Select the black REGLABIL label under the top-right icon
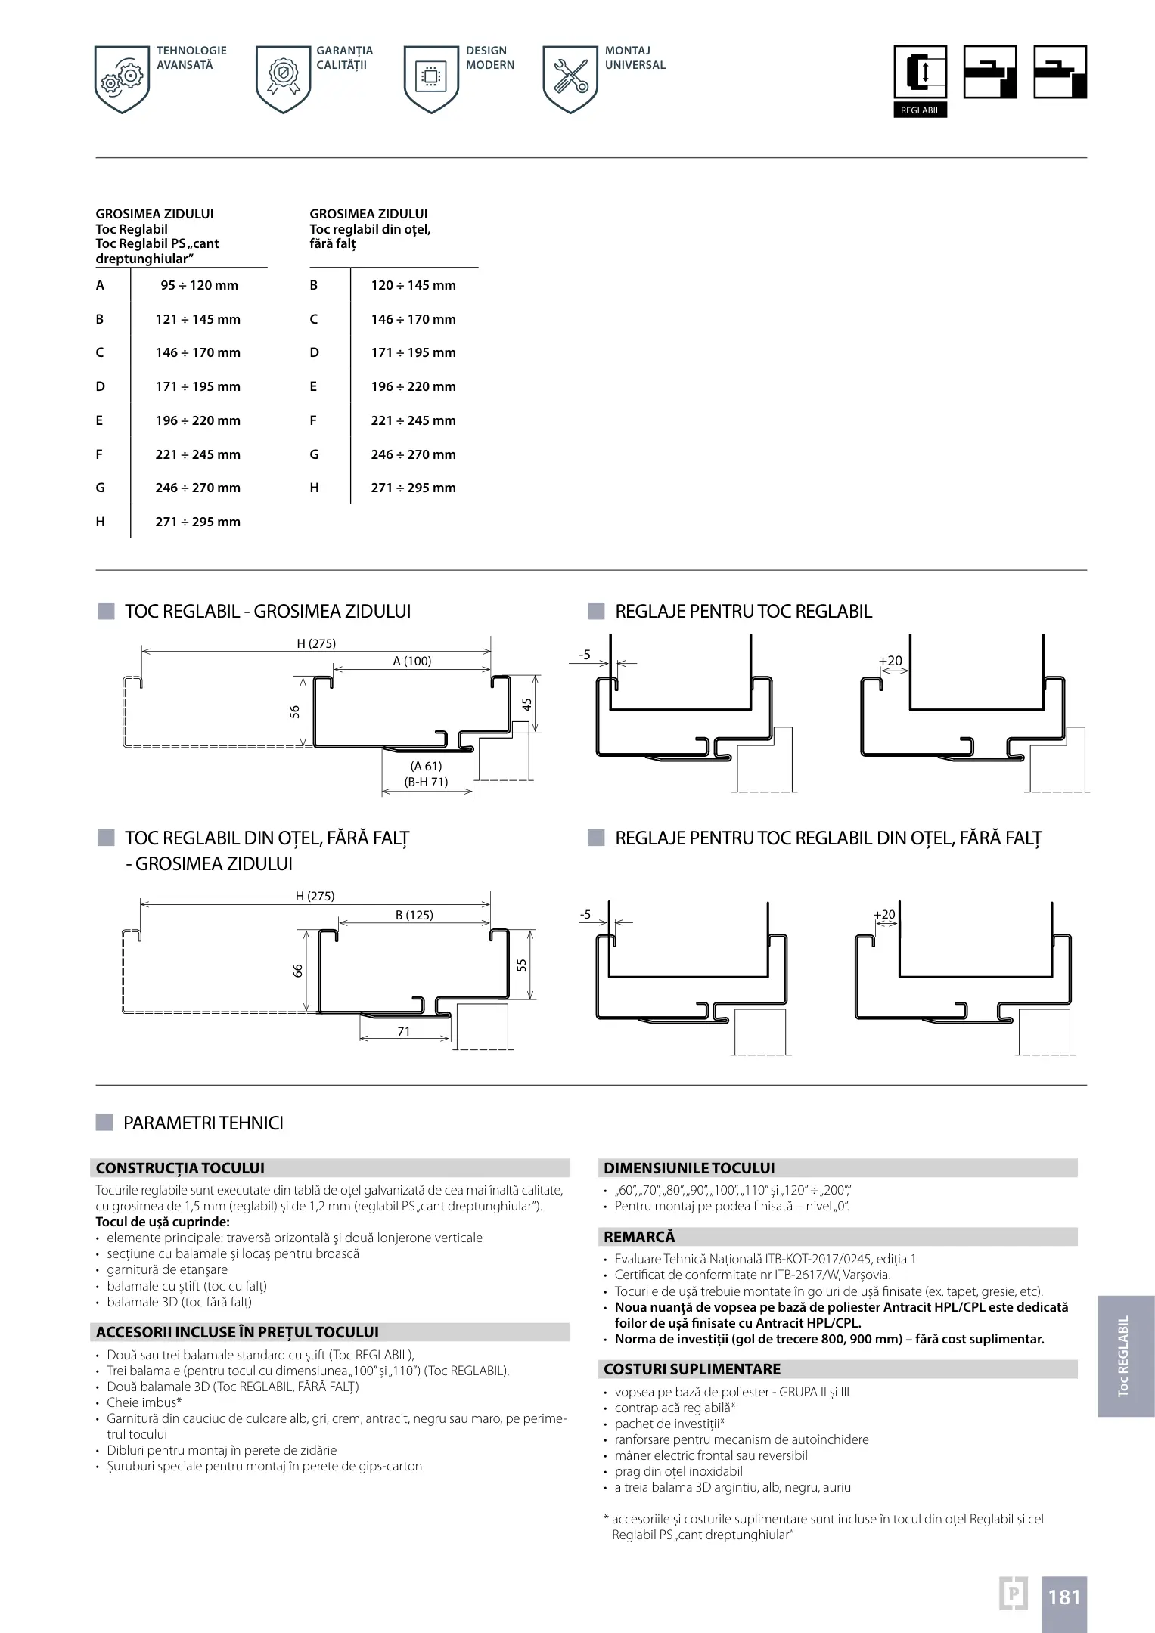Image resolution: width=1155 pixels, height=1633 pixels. click(x=920, y=110)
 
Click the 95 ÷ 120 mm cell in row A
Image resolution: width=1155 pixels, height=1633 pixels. click(x=199, y=285)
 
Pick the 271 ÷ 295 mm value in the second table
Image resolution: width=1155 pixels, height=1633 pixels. click(x=413, y=488)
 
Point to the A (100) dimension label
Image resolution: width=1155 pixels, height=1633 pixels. click(x=412, y=661)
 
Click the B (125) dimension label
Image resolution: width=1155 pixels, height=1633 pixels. click(x=414, y=915)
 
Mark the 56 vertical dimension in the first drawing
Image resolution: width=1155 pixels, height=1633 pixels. click(x=295, y=711)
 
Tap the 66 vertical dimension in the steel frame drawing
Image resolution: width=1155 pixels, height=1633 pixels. click(x=298, y=970)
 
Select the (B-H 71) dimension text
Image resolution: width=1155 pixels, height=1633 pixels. click(x=427, y=782)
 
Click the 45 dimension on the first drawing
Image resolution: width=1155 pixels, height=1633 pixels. click(x=527, y=703)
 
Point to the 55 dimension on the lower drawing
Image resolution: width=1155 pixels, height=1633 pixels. click(x=522, y=965)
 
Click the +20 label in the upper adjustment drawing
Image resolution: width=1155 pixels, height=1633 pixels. click(x=890, y=661)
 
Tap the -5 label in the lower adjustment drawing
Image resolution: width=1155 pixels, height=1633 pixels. click(x=585, y=915)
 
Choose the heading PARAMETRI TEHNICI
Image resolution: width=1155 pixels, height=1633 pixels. click(x=203, y=1123)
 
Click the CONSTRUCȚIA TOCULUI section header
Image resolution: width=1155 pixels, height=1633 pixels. click(x=180, y=1168)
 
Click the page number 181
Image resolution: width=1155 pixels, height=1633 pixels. click(x=1063, y=1597)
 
